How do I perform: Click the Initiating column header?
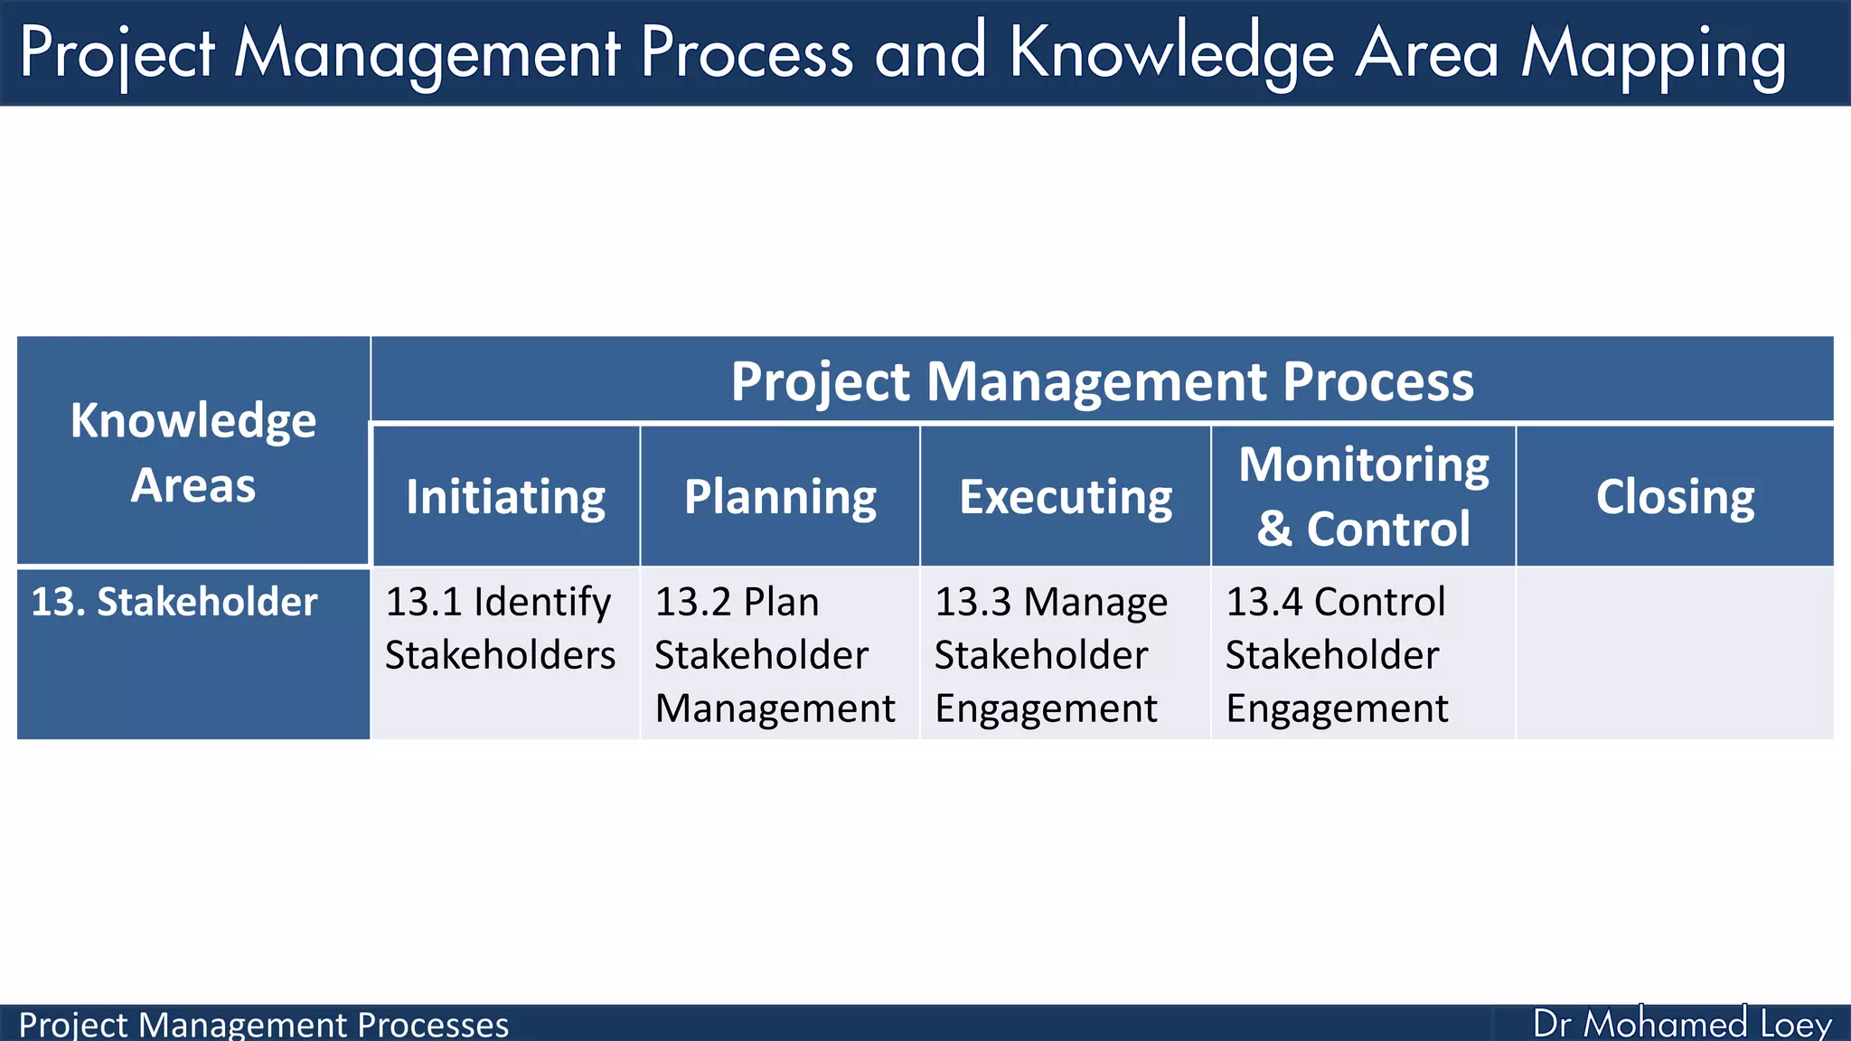[x=505, y=496]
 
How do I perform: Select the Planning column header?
[x=780, y=496]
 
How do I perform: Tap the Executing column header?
[x=1066, y=496]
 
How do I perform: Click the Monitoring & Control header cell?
[x=1363, y=496]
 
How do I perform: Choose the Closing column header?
[x=1675, y=496]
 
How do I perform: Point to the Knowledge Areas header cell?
[x=193, y=452]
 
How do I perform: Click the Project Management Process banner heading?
[x=1102, y=380]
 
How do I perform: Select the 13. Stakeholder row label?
[x=174, y=602]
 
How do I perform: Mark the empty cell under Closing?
[x=1675, y=653]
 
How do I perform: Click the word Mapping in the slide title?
[x=1653, y=54]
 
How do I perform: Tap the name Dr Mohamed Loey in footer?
[x=1682, y=1024]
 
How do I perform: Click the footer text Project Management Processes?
[x=264, y=1025]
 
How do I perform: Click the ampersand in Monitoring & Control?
[x=1274, y=529]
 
